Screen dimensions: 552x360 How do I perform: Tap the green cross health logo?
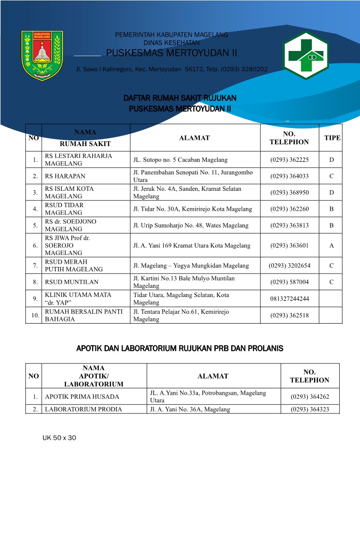click(x=306, y=55)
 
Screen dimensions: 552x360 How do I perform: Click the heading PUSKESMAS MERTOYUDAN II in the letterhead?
click(x=172, y=54)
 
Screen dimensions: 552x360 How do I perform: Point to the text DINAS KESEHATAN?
click(x=171, y=43)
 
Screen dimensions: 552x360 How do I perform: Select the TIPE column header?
click(x=332, y=138)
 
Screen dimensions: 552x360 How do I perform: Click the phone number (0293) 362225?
click(x=289, y=160)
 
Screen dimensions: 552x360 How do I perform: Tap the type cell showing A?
click(x=332, y=246)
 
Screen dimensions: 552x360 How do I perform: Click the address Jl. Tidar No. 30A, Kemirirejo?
click(x=193, y=209)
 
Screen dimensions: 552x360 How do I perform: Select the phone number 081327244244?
click(x=289, y=299)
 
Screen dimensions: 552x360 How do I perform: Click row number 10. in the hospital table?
click(x=34, y=316)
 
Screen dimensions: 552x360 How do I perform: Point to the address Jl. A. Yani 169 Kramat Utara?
click(x=192, y=246)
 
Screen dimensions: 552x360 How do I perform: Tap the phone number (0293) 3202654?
click(x=289, y=266)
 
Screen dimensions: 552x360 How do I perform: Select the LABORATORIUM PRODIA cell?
click(x=83, y=409)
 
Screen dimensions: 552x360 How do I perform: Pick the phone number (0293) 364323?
click(x=310, y=409)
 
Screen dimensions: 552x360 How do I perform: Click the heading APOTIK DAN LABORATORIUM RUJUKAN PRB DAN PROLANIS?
click(x=180, y=349)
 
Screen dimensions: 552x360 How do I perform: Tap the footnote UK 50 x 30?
click(x=59, y=438)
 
